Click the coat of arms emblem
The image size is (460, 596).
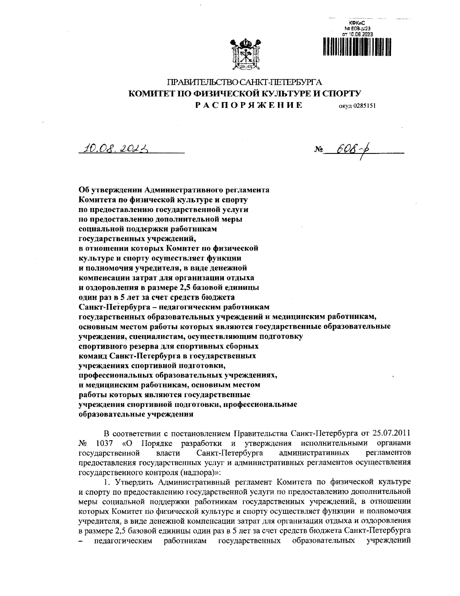pyautogui.click(x=245, y=55)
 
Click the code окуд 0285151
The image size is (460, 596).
pyautogui.click(x=356, y=107)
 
